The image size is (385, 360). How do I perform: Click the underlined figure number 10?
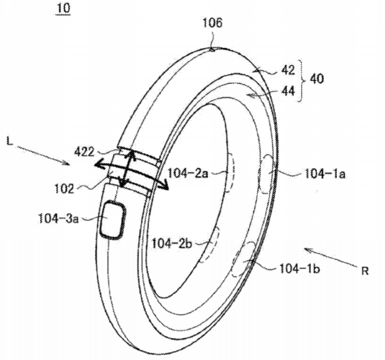[63, 8]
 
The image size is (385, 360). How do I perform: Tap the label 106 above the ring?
[212, 23]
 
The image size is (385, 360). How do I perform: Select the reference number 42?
[288, 70]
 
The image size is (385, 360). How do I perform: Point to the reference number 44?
[288, 91]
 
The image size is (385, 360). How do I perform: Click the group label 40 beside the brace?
[317, 79]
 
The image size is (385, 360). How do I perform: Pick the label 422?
[84, 152]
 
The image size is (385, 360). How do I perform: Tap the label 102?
[64, 189]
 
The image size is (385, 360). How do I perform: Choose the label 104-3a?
[58, 218]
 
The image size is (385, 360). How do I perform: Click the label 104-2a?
[188, 174]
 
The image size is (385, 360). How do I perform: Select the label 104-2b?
[172, 244]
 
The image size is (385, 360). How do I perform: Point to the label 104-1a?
[325, 174]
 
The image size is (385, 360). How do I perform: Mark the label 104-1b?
[300, 269]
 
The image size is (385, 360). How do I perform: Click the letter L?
[10, 141]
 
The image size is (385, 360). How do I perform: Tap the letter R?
[365, 271]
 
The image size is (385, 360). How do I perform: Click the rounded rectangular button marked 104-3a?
[113, 219]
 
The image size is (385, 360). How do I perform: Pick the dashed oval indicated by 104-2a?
[230, 173]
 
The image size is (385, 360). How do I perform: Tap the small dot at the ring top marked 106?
[212, 50]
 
